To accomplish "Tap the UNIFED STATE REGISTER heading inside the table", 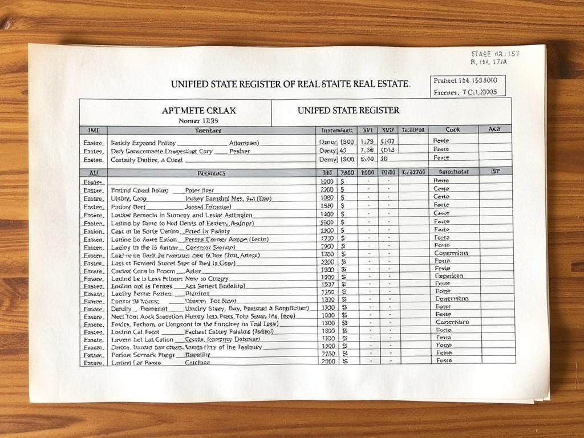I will [x=348, y=109].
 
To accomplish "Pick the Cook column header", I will [x=453, y=129].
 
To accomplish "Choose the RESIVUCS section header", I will [x=211, y=172].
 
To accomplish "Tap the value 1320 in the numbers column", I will [x=327, y=298].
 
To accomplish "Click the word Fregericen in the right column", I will [x=450, y=275].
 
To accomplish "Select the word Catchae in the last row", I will [x=197, y=362].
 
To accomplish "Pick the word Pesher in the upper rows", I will [x=240, y=151].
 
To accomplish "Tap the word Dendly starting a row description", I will [x=119, y=307].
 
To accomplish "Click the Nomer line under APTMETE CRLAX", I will [x=198, y=120].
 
